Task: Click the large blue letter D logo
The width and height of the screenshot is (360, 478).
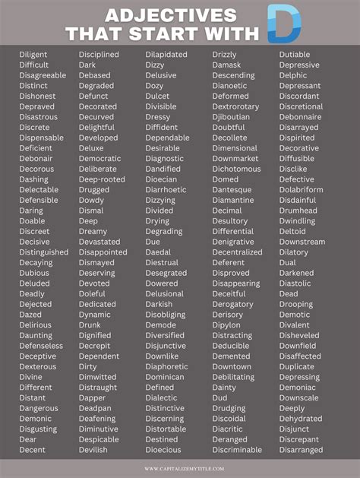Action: (285, 23)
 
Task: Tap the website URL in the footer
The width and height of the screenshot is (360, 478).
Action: (179, 468)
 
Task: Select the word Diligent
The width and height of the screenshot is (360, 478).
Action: (33, 55)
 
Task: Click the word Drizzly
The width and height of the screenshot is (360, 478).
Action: (225, 55)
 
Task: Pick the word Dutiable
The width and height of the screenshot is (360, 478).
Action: (295, 55)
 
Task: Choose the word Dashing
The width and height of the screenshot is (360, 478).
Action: (33, 179)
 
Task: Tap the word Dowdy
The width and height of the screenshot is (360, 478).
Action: (91, 200)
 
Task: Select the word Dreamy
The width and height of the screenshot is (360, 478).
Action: (93, 231)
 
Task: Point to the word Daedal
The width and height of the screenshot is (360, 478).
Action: (159, 252)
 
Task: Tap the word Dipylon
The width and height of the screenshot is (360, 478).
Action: (226, 324)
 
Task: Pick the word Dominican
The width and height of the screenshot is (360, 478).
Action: (165, 376)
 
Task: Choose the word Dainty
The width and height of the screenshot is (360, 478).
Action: (224, 387)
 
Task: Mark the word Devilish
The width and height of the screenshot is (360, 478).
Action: (93, 449)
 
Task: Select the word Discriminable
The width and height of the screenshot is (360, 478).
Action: (237, 449)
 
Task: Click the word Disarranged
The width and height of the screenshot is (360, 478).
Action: (301, 449)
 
